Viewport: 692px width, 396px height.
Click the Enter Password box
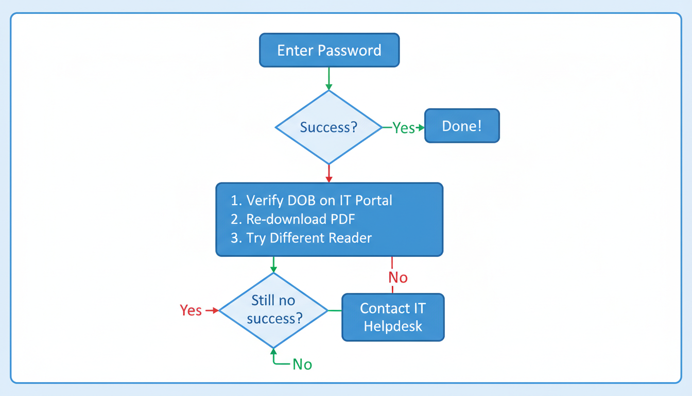click(x=329, y=50)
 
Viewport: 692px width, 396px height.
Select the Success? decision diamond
click(x=328, y=127)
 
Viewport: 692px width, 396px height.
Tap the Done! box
click(x=461, y=126)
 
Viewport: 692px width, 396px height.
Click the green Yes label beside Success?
click(x=403, y=128)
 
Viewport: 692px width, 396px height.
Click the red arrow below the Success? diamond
click(x=329, y=173)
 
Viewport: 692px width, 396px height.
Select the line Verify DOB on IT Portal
click(x=312, y=200)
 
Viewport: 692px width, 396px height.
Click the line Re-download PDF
click(x=293, y=219)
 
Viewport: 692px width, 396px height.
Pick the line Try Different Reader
click(x=301, y=238)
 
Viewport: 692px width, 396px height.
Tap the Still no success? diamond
click(x=273, y=310)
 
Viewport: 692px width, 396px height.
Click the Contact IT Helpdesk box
click(x=393, y=317)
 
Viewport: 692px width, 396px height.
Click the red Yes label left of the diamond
click(x=191, y=310)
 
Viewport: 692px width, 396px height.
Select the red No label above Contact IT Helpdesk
click(x=397, y=277)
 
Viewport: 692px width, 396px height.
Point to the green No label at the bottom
click(x=302, y=364)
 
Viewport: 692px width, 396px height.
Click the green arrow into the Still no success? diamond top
click(x=273, y=265)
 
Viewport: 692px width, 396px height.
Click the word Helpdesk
click(x=393, y=326)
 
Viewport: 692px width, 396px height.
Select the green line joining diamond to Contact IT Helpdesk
click(x=335, y=310)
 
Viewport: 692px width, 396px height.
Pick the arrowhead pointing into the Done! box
click(x=421, y=127)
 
